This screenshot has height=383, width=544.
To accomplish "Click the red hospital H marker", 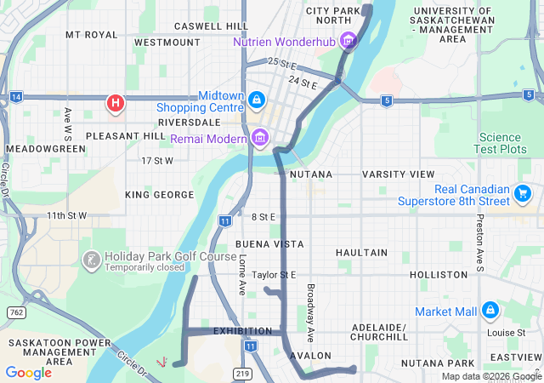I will point(116,104).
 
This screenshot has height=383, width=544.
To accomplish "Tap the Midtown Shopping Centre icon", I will point(255,101).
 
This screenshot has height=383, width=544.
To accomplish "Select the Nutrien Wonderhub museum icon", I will point(347,40).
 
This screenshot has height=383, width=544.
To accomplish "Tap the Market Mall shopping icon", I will point(490,312).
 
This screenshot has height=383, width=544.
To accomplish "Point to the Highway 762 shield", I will point(14,312).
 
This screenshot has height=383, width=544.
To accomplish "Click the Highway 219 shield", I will point(242,373).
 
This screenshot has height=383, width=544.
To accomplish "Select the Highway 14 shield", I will point(16,98).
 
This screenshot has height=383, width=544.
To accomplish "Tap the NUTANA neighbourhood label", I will point(310,174).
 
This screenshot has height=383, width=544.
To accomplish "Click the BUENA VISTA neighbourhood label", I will point(269,243).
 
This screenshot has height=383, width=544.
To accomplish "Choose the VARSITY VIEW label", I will point(398,174).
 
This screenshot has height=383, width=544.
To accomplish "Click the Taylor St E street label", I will point(274,275).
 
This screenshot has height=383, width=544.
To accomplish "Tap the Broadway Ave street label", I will point(311,308).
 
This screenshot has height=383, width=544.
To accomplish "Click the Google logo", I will point(28,372).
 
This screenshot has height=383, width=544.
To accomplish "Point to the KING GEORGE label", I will point(160,195).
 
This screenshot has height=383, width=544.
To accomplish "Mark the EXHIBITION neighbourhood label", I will point(242,330).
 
